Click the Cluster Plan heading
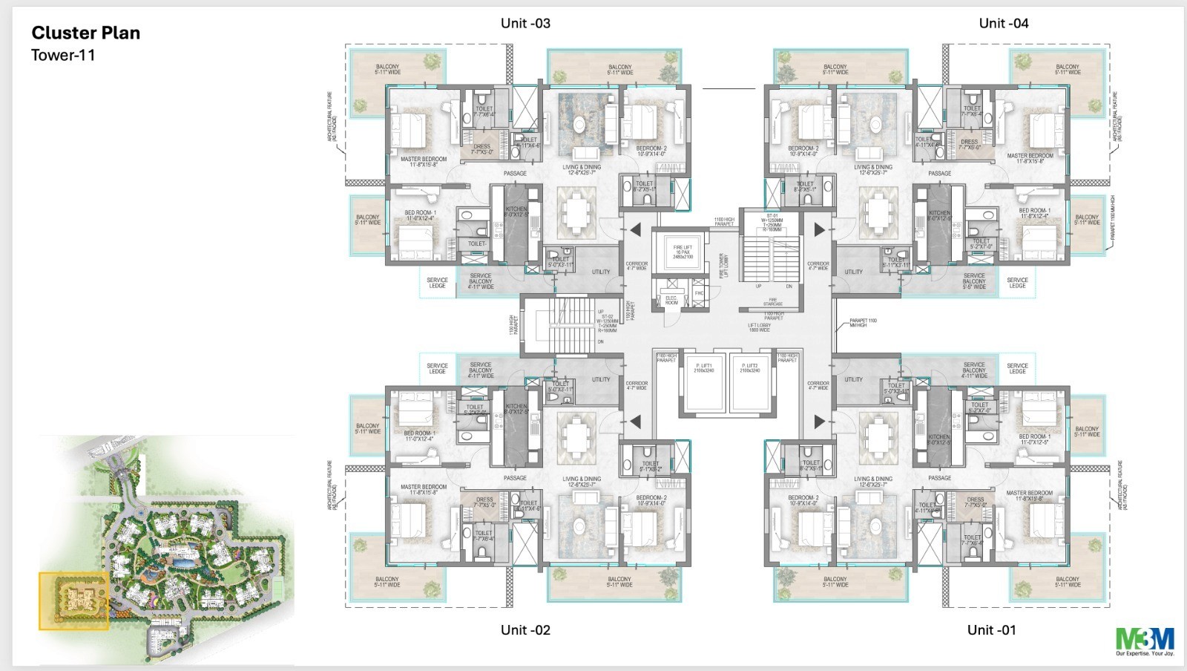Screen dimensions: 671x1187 point(85,33)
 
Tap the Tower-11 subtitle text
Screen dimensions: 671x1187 point(63,55)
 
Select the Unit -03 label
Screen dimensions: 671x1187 point(525,23)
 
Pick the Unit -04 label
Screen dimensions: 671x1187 point(1003,23)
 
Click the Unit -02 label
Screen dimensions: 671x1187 point(525,629)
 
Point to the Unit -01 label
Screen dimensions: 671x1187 point(991,629)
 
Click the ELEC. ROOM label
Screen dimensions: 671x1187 point(671,301)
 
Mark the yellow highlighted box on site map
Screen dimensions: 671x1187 point(74,601)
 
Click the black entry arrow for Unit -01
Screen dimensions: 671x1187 point(819,422)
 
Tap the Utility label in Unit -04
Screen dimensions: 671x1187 point(853,272)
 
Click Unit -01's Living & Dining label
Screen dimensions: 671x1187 point(872,481)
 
